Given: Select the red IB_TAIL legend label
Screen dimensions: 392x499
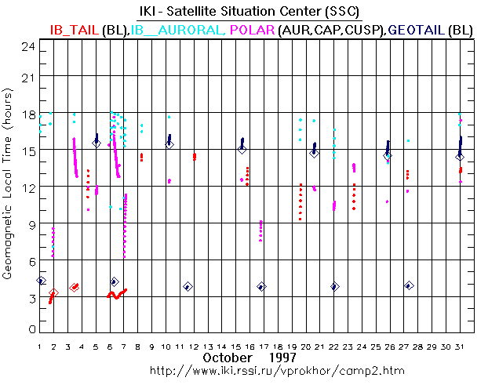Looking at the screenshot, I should coord(74,29).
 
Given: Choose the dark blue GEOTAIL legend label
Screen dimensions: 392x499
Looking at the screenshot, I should coord(417,29).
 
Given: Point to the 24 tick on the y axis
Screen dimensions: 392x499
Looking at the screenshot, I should coord(28,45).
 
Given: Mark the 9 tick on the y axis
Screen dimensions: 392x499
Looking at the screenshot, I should coord(31,223).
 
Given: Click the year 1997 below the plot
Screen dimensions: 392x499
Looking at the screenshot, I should coord(282,358).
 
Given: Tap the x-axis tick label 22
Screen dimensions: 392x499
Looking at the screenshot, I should coord(333,345).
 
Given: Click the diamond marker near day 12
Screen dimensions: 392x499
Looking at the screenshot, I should coord(188,287).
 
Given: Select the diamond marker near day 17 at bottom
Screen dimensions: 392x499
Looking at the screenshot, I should coord(261,287).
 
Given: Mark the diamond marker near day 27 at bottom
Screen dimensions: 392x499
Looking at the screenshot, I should coord(409,286).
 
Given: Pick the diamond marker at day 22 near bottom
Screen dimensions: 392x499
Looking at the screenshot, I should coord(335,287).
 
